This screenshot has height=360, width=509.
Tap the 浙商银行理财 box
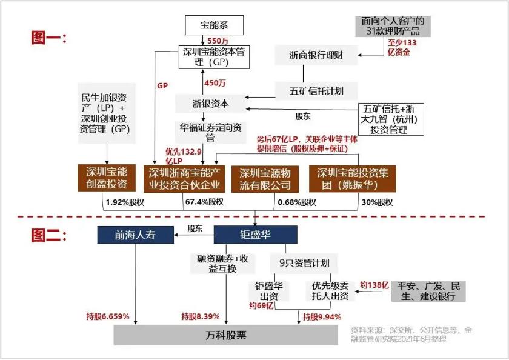point(317,56)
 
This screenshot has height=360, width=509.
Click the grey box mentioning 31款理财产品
point(389,26)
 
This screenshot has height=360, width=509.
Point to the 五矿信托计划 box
point(317,91)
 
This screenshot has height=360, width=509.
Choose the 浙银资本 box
point(211,103)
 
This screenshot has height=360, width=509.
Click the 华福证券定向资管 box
point(211,132)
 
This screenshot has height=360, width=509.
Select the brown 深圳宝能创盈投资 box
point(107,178)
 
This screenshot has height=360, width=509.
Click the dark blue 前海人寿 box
point(136,235)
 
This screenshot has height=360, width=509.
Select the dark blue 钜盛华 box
point(255,235)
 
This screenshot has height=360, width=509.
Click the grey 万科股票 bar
point(225,335)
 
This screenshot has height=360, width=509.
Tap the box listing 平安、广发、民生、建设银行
point(428,291)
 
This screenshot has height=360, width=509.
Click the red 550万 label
point(218,41)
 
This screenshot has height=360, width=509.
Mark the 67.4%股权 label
point(205,202)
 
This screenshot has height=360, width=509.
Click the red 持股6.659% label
point(110,316)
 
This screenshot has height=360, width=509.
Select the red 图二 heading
point(48,235)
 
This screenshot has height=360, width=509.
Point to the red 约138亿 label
point(374,285)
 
